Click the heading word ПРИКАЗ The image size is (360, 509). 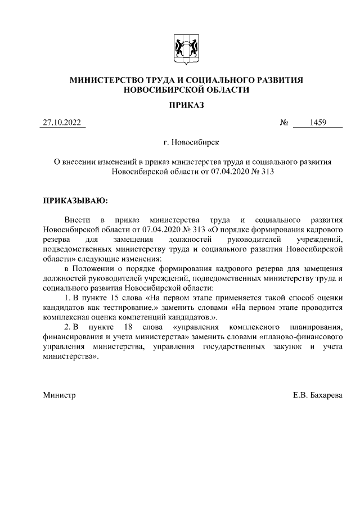pos(186,105)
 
